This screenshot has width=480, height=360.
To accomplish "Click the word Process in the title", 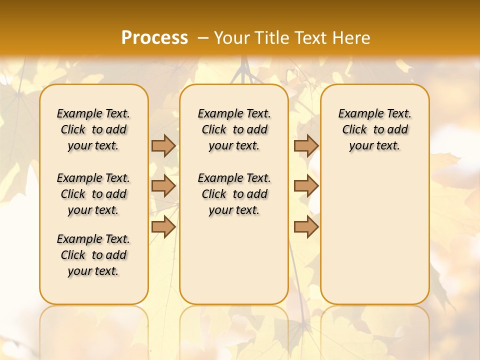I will pyautogui.click(x=154, y=37).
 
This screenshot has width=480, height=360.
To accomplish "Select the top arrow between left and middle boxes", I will pyautogui.click(x=163, y=145).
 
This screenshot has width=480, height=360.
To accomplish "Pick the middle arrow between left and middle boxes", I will pyautogui.click(x=163, y=186).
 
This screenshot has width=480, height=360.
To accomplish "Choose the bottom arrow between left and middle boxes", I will pyautogui.click(x=163, y=227).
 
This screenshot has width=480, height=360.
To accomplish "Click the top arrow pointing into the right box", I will pyautogui.click(x=306, y=145).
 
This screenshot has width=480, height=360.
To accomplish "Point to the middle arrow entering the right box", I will pyautogui.click(x=306, y=186).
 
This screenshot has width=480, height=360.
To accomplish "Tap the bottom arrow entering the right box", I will pyautogui.click(x=306, y=227).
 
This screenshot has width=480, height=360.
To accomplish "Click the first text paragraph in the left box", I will pyautogui.click(x=93, y=129).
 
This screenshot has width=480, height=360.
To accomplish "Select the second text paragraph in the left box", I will pyautogui.click(x=93, y=194).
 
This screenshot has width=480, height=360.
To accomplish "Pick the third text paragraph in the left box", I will pyautogui.click(x=93, y=255).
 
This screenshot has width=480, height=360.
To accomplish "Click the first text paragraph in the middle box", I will pyautogui.click(x=234, y=129).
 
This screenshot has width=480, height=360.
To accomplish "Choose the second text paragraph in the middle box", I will pyautogui.click(x=234, y=194).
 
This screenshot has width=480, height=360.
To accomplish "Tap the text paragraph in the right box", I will pyautogui.click(x=375, y=129).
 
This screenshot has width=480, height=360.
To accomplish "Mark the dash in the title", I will pyautogui.click(x=203, y=37).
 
